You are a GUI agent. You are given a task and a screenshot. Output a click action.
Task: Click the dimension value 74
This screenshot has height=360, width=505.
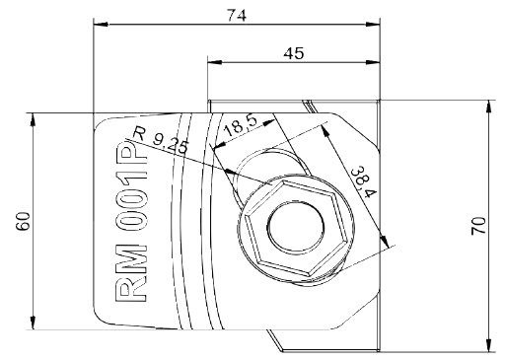237,15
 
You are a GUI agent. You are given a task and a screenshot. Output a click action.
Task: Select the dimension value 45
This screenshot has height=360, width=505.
294,53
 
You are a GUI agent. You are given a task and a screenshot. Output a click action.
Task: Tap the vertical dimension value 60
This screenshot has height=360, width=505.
24,221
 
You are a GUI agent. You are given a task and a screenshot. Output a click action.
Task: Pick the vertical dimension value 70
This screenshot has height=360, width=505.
478,226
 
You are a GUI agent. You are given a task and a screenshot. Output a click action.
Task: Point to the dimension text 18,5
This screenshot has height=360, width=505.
241,126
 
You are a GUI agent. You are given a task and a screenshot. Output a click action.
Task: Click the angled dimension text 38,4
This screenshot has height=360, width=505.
363,182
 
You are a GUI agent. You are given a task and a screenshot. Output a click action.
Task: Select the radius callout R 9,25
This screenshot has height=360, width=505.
161,141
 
